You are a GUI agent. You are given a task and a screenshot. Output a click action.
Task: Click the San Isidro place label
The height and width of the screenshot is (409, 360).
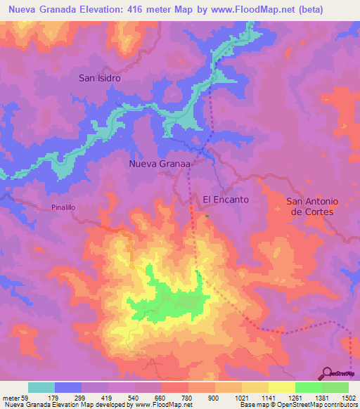(x=99, y=79)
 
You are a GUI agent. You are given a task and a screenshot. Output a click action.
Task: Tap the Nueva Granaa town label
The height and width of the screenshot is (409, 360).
(x=160, y=164)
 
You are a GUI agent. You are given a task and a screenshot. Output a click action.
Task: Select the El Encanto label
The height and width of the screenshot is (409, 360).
(x=226, y=200)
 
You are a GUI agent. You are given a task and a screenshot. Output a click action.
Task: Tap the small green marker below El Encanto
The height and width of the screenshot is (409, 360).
(x=207, y=216)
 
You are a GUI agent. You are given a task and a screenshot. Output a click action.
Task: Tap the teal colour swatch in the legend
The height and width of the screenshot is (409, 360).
(x=41, y=387)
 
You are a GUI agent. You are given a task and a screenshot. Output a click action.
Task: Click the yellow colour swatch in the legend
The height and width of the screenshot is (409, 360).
(x=282, y=387)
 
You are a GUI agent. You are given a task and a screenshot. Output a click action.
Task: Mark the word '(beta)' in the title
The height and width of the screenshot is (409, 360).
(x=330, y=9)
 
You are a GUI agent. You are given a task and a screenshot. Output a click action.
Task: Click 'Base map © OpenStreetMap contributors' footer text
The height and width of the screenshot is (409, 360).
(x=296, y=405)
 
